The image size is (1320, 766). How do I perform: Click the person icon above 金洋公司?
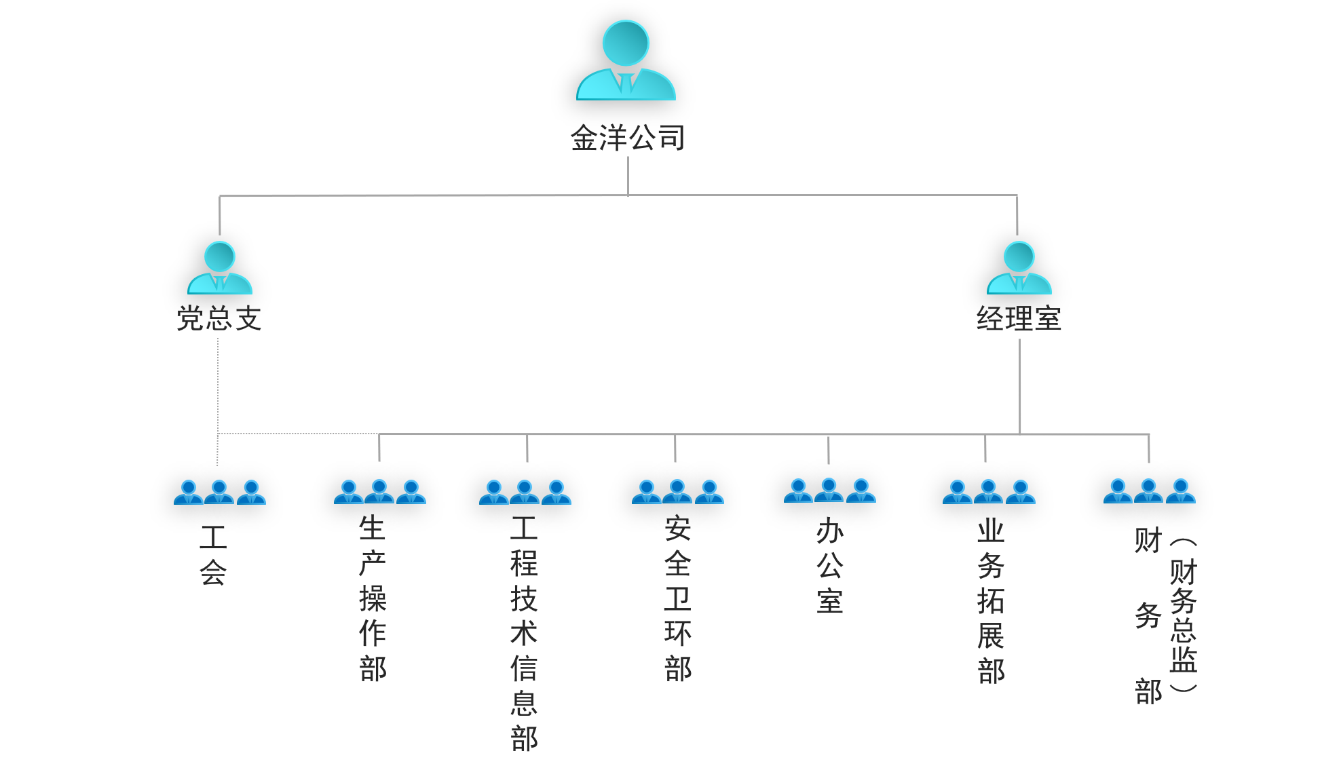626,61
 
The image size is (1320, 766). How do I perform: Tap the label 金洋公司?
628,138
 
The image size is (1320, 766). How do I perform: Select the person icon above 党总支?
219,267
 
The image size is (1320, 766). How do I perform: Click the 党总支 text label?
219,318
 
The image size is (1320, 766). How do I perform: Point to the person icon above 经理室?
1019,267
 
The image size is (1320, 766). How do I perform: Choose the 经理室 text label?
1019,318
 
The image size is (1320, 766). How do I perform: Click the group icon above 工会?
219,492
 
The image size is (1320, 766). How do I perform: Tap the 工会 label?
213,555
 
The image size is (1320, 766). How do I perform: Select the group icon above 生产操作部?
379,492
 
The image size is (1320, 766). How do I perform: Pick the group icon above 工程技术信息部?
525,492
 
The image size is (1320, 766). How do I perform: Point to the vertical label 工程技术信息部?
524,633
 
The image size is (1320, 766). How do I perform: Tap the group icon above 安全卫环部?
677,492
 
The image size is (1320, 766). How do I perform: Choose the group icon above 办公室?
829,490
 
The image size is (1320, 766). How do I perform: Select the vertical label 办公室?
830,566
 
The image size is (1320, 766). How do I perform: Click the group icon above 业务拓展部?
989,492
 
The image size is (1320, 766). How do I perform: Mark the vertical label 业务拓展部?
991,601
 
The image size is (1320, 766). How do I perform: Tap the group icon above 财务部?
1149,491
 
